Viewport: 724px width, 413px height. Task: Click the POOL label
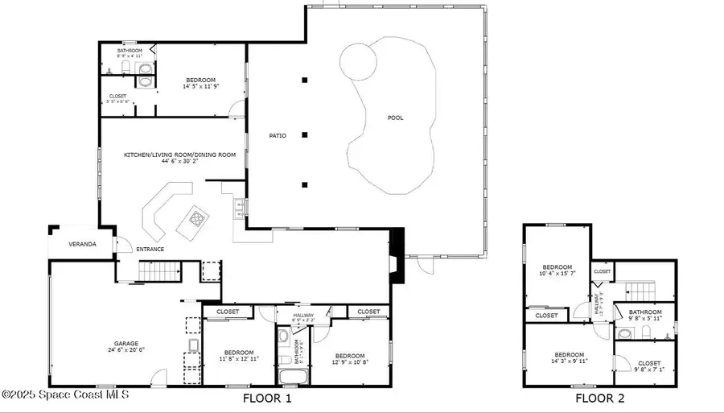pos(395,118)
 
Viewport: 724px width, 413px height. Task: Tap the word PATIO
pos(278,135)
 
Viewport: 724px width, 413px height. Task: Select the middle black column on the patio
pos(305,134)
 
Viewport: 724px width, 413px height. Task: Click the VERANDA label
pos(82,243)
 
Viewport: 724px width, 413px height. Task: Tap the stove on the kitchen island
pos(196,216)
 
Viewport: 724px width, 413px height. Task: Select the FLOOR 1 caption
pos(267,399)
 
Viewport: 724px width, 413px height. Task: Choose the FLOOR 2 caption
pos(600,399)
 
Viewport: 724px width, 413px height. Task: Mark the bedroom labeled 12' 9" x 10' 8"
pos(348,359)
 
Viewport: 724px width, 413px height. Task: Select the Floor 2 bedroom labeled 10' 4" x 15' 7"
pos(557,271)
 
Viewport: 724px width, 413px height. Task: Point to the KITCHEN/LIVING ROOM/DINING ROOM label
pos(179,155)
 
